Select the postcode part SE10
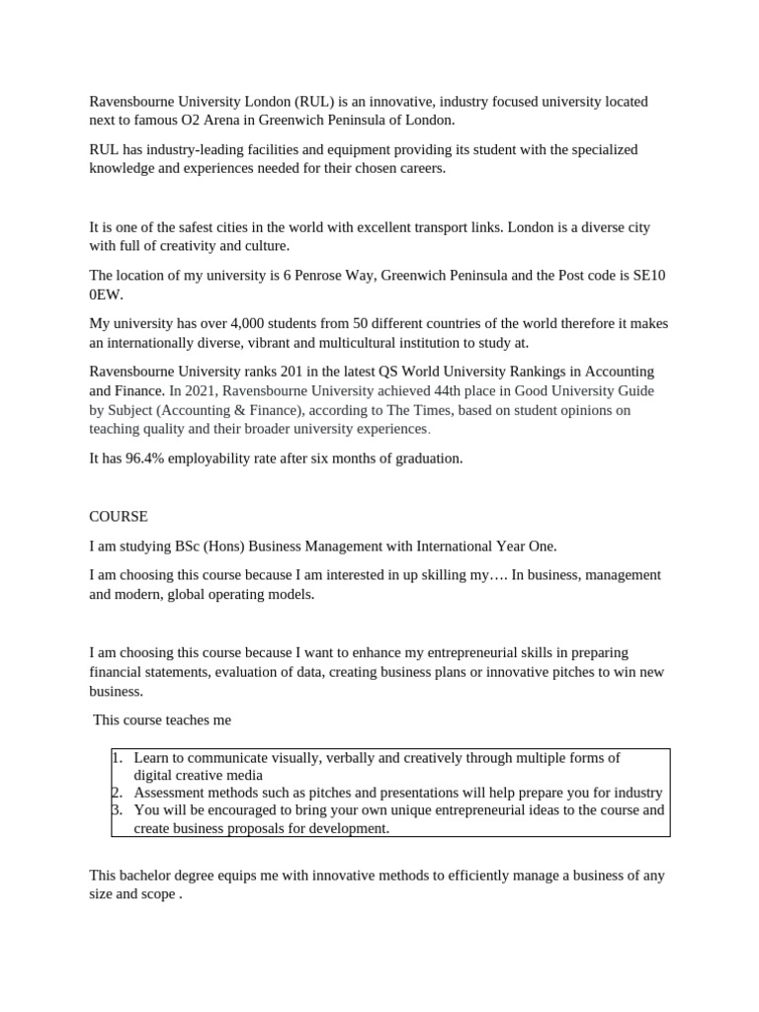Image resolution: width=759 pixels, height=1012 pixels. (x=649, y=275)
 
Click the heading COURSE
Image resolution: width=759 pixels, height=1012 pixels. (x=119, y=516)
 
